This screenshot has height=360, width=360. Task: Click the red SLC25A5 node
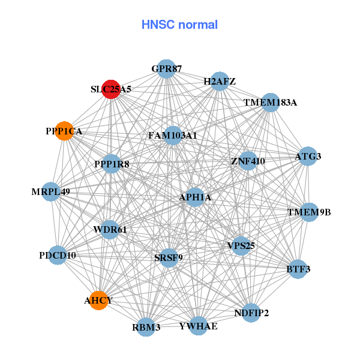click(111, 89)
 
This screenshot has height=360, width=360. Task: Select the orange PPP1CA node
click(64, 131)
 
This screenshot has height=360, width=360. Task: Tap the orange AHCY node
click(98, 300)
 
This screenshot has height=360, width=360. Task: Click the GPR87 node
click(166, 69)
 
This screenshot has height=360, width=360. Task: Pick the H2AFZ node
click(220, 81)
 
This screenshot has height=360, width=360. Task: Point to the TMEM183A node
click(270, 102)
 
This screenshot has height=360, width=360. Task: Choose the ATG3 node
click(308, 157)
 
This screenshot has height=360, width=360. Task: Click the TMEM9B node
click(309, 212)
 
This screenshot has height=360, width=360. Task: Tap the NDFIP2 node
click(251, 313)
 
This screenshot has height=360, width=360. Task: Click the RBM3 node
click(146, 327)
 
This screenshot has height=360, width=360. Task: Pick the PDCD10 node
click(58, 256)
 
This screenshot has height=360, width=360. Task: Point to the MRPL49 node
click(51, 192)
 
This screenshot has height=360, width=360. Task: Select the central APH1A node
click(195, 197)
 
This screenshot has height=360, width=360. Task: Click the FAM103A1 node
click(173, 136)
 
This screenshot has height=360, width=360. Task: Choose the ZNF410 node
click(248, 161)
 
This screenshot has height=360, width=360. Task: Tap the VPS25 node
click(241, 245)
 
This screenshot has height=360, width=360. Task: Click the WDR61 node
click(110, 229)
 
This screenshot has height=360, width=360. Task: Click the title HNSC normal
click(179, 25)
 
